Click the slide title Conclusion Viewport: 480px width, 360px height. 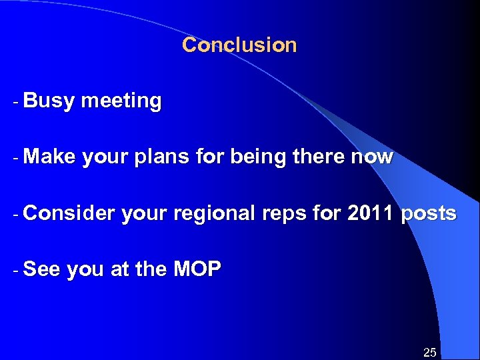coord(239,45)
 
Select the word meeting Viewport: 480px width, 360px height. coord(121,101)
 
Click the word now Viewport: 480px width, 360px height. coord(375,158)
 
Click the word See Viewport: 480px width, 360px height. coord(41,269)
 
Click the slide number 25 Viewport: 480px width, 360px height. coord(430,352)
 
